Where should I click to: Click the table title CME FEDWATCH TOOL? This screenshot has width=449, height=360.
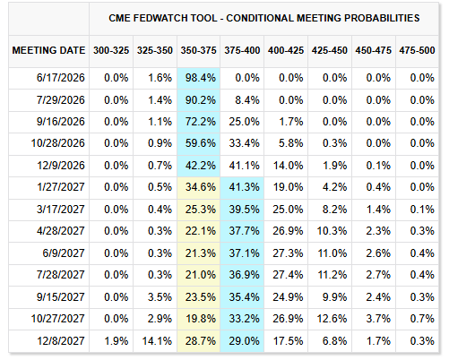[x=163, y=18]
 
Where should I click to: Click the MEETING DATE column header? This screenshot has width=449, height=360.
[x=48, y=50]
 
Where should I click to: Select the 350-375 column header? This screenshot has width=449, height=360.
[x=198, y=50]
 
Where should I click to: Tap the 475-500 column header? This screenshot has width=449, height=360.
[x=417, y=50]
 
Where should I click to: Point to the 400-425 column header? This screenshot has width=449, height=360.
[x=286, y=50]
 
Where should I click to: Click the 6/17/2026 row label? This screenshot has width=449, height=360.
[x=61, y=78]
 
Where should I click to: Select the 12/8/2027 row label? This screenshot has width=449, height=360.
[x=61, y=341]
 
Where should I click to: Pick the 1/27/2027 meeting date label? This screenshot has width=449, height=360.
[x=61, y=187]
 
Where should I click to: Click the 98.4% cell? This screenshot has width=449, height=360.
[x=201, y=78]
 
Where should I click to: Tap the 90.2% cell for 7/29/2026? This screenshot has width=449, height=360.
[x=201, y=100]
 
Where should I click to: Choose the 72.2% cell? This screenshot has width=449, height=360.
[x=201, y=122]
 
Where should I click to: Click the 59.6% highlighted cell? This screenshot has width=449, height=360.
[x=201, y=143]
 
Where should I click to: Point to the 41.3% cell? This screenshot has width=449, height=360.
[x=244, y=187]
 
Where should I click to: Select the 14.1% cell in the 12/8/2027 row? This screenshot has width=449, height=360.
[x=157, y=341]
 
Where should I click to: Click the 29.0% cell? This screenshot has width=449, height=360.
[x=244, y=341]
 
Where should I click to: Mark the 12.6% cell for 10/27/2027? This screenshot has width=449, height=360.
[x=332, y=319]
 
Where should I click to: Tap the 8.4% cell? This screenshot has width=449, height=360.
[x=247, y=100]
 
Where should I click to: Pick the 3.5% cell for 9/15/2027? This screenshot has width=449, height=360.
[x=160, y=297]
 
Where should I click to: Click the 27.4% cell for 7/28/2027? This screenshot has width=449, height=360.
[x=288, y=275]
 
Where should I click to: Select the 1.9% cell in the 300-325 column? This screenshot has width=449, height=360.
[x=117, y=341]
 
